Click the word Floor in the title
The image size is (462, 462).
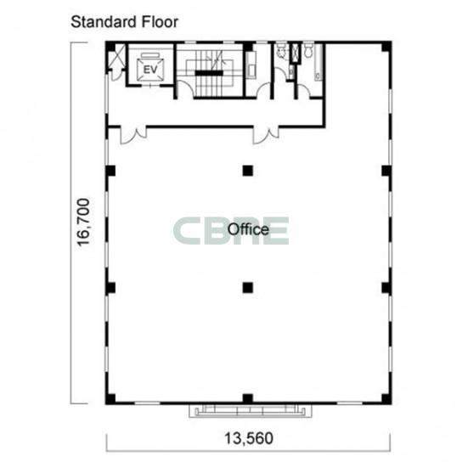(160, 22)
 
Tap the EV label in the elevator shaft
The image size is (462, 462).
(150, 70)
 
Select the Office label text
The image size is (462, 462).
(248, 229)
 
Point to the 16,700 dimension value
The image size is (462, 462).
(83, 223)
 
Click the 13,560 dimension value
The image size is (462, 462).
(249, 438)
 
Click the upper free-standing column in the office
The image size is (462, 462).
(248, 171)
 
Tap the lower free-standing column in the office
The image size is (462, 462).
(248, 288)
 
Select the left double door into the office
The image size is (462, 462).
(133, 135)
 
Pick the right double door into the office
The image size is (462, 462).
(266, 135)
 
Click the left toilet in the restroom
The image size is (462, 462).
(281, 50)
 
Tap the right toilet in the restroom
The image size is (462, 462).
(308, 50)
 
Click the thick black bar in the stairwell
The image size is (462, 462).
(209, 73)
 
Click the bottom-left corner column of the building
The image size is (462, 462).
(110, 399)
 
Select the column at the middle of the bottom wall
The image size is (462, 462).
(248, 398)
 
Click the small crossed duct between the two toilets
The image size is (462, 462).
(295, 53)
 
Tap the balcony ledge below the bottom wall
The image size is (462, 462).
(251, 410)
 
